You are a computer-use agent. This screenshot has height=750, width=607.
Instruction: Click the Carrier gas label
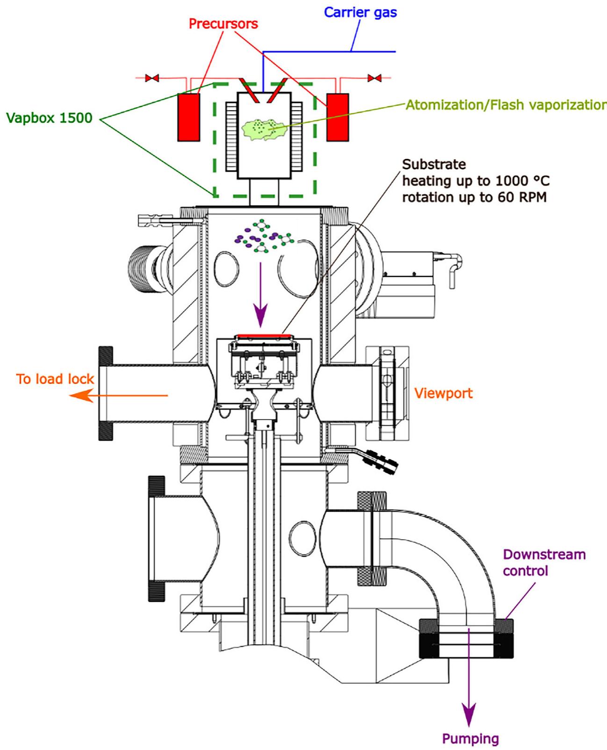click(x=360, y=12)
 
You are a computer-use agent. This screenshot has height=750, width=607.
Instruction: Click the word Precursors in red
click(x=223, y=23)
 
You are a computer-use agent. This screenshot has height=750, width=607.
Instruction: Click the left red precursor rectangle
click(x=189, y=117)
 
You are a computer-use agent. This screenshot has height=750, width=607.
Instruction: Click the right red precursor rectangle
click(x=337, y=117)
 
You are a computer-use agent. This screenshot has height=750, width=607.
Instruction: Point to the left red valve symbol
click(x=151, y=78)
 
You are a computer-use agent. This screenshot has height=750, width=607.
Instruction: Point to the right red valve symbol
click(x=374, y=78)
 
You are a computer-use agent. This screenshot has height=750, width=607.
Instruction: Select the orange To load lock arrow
click(x=117, y=396)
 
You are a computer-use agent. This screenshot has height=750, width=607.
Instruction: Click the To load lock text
click(x=55, y=379)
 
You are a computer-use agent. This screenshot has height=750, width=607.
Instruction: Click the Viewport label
click(x=443, y=393)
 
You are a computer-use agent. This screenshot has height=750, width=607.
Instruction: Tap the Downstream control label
click(x=544, y=562)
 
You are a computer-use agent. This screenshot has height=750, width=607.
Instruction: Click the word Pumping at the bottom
click(x=470, y=739)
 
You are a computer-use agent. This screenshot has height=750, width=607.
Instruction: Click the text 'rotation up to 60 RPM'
click(x=474, y=197)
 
